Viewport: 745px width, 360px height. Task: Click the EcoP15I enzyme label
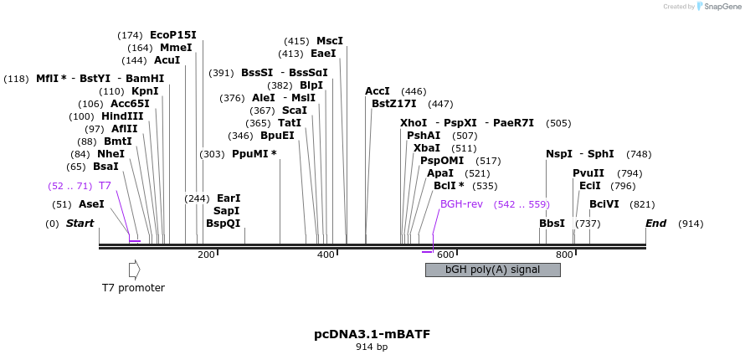pos(173,35)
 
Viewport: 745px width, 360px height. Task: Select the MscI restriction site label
pos(330,41)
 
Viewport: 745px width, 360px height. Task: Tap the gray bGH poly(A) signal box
pos(492,270)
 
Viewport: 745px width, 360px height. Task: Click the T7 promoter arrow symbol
pos(134,270)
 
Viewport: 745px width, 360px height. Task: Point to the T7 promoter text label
pos(133,288)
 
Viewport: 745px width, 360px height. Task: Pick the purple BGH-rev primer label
pos(461,204)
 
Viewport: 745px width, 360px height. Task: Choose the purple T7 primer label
pos(105,185)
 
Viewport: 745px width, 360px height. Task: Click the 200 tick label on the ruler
pos(206,255)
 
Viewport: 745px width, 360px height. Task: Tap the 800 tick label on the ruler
pos(564,255)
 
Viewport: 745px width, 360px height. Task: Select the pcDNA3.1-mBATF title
pos(372,334)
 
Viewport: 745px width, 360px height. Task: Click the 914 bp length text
pos(372,347)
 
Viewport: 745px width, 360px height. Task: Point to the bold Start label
pos(80,224)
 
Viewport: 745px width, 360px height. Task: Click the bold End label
pos(655,224)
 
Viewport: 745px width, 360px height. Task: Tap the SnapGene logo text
pos(722,7)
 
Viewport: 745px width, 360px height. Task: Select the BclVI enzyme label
pos(604,204)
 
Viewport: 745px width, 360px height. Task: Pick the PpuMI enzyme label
pos(254,154)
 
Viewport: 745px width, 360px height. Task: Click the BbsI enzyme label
pos(552,224)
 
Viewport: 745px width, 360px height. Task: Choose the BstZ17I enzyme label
pos(394,104)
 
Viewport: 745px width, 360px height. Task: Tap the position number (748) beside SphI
pos(639,154)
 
